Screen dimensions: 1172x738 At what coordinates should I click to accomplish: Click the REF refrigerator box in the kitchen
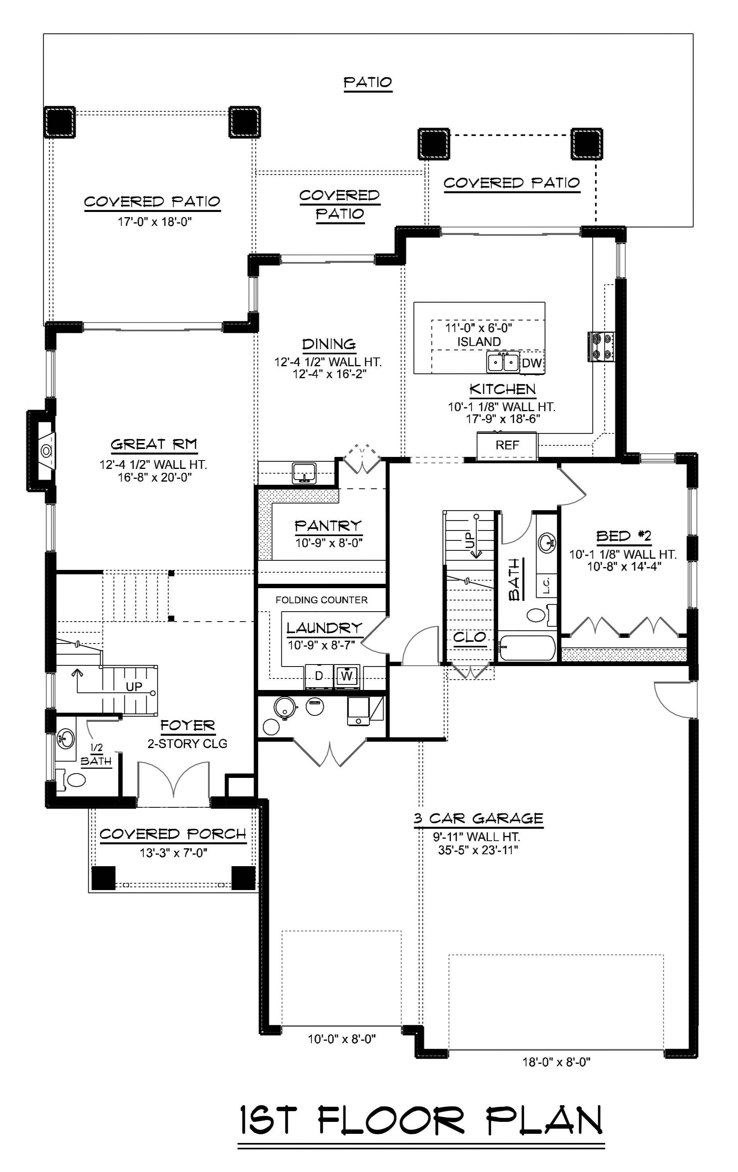click(x=507, y=445)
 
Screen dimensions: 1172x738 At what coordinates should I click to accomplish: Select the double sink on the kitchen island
click(x=503, y=363)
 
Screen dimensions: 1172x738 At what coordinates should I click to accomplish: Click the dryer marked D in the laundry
click(x=319, y=676)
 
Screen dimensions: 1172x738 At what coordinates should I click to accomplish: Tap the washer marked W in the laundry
click(x=347, y=676)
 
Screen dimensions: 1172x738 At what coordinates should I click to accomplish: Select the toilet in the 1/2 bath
click(x=74, y=780)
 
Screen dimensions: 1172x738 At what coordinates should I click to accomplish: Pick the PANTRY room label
click(x=328, y=526)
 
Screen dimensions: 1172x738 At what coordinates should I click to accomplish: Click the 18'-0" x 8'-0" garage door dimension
click(x=556, y=1062)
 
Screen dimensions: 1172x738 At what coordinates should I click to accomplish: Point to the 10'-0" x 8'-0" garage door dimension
click(x=341, y=1039)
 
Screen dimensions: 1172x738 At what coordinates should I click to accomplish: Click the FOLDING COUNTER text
click(x=322, y=600)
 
